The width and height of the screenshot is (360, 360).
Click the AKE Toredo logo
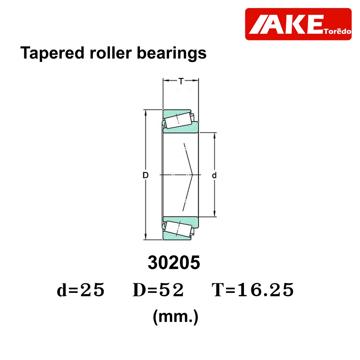pyautogui.click(x=298, y=24)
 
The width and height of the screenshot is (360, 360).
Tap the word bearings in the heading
pyautogui.click(x=172, y=53)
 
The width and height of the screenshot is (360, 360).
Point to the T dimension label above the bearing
pyautogui.click(x=181, y=81)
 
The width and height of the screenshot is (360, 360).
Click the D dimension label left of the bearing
pyautogui.click(x=146, y=175)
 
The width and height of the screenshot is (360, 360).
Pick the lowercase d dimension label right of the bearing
pyautogui.click(x=214, y=175)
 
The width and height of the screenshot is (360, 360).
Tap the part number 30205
pyautogui.click(x=174, y=262)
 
